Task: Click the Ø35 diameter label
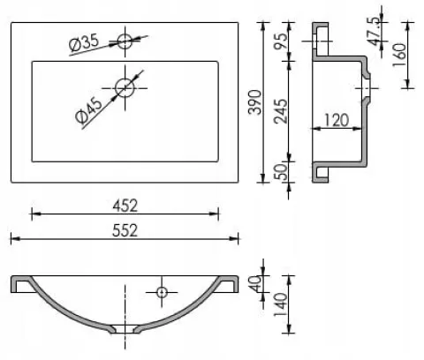click(x=84, y=42)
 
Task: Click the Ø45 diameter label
click(x=88, y=109)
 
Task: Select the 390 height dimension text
click(x=255, y=102)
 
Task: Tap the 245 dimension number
click(x=281, y=111)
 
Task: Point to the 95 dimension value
click(x=281, y=41)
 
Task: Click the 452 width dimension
click(x=125, y=206)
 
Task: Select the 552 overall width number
click(x=125, y=230)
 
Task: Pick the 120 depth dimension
click(x=337, y=120)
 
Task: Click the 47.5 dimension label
click(x=374, y=32)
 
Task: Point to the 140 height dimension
click(x=281, y=305)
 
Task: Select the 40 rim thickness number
click(x=255, y=283)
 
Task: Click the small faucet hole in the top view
click(x=125, y=41)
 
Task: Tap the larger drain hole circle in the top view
click(x=125, y=88)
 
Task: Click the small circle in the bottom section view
click(x=162, y=292)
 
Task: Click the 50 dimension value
click(x=281, y=172)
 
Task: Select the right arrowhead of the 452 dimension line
click(x=214, y=214)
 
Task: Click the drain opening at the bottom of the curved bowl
click(x=125, y=329)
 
